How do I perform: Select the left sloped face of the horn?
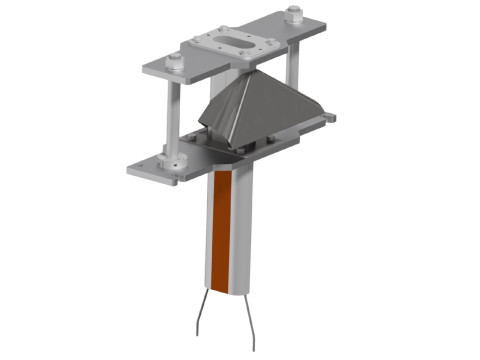point(218,115)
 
